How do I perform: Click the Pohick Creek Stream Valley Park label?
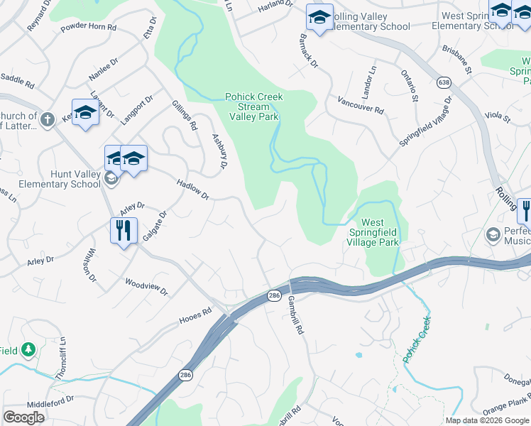(x=254, y=106)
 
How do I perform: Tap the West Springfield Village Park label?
(x=373, y=232)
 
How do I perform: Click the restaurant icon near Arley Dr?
(x=123, y=231)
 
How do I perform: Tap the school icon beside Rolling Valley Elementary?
(x=319, y=18)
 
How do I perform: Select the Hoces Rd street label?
(x=197, y=312)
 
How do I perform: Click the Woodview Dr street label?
(x=146, y=287)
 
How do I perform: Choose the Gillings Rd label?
(x=185, y=115)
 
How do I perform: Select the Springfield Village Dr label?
(x=425, y=123)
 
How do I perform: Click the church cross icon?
(x=48, y=119)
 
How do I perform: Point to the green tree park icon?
(x=28, y=349)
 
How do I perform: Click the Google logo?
(x=24, y=417)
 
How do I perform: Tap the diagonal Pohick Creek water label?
(x=417, y=339)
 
